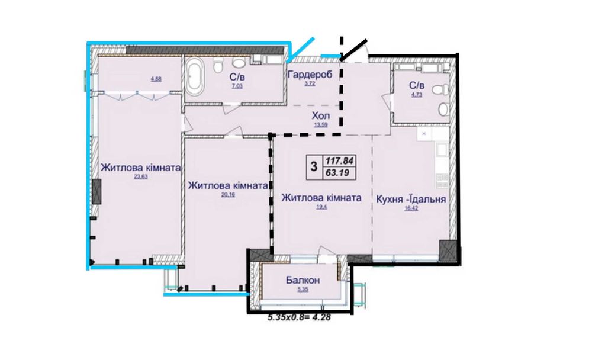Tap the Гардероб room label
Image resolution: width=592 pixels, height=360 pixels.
[x=310, y=75]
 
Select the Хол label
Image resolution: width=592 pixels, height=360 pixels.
[x=320, y=115]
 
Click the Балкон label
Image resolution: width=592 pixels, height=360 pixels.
[x=303, y=280]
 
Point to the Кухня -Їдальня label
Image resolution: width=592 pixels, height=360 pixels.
[x=411, y=199]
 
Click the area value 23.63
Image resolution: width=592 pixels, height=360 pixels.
[x=140, y=176]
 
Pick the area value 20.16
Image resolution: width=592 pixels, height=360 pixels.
[x=228, y=195]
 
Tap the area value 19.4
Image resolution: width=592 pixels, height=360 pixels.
[x=321, y=207]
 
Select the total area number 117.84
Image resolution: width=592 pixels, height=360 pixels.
[x=339, y=161]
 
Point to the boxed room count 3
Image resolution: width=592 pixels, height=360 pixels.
[x=314, y=166]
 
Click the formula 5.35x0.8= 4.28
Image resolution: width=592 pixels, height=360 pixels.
[x=299, y=318]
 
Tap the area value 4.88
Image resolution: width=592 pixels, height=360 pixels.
[x=156, y=79]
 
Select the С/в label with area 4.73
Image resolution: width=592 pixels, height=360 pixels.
[x=416, y=85]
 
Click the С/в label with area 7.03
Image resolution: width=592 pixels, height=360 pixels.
[x=237, y=77]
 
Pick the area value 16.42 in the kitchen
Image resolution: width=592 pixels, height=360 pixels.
[x=411, y=208]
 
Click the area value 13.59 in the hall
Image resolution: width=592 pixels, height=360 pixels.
[x=320, y=124]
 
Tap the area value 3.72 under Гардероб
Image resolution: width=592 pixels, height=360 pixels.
[x=310, y=83]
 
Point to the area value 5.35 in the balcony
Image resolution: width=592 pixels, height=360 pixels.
[x=303, y=290]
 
